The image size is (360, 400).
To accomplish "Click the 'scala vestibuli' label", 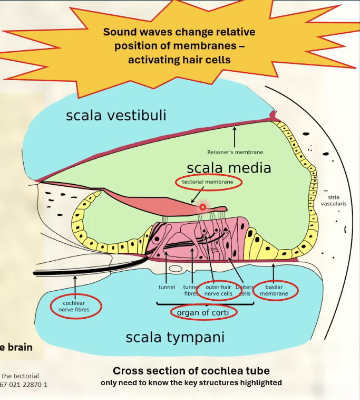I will (116, 115).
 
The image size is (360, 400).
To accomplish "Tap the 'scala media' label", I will (229, 168).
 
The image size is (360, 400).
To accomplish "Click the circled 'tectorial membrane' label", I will (208, 182).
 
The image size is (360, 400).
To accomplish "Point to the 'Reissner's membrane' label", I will (235, 152).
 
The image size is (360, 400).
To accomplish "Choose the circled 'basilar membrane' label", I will (276, 290).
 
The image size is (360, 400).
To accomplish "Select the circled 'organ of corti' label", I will (203, 312).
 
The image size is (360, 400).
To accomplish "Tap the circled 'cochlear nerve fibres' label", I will (75, 307).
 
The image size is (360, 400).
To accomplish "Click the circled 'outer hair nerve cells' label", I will (219, 290).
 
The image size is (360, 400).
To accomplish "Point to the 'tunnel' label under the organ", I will (167, 288).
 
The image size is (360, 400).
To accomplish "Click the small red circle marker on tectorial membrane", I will (202, 207).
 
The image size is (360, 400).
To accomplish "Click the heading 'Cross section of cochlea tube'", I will (191, 370).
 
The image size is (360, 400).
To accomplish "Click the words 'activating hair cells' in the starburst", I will (179, 60).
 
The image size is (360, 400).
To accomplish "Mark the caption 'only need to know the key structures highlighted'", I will (191, 383).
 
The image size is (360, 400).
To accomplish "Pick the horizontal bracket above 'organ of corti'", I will (205, 303).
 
